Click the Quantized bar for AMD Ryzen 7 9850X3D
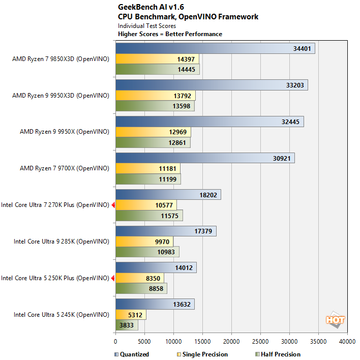[x=215, y=48]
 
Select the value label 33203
[x=295, y=85]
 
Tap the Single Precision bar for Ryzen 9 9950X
[x=153, y=132]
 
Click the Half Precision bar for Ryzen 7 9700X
[x=147, y=179]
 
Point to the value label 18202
[x=208, y=195]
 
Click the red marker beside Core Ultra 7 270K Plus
[x=113, y=205]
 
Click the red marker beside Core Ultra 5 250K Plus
[x=113, y=278]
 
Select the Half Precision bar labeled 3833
[x=126, y=325]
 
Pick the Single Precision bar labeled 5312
[x=131, y=315]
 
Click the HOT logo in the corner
[x=336, y=320]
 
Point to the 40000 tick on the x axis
[x=347, y=341]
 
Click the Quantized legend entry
[x=132, y=354]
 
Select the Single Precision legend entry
[x=202, y=354]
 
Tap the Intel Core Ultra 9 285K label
[x=61, y=242]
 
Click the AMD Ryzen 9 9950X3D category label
[x=61, y=95]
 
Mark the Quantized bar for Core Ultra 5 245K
[x=155, y=304]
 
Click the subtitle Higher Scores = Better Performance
[x=170, y=34]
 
